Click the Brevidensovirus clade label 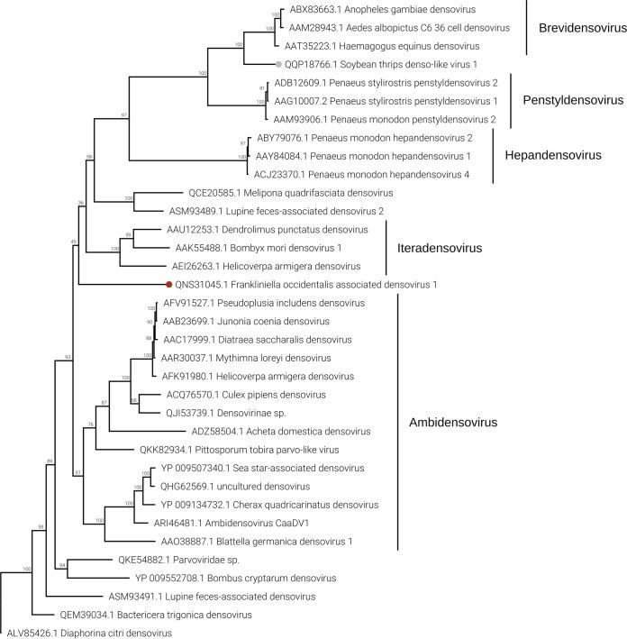576,28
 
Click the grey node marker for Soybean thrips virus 278,64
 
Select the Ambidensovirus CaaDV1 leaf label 221,523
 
